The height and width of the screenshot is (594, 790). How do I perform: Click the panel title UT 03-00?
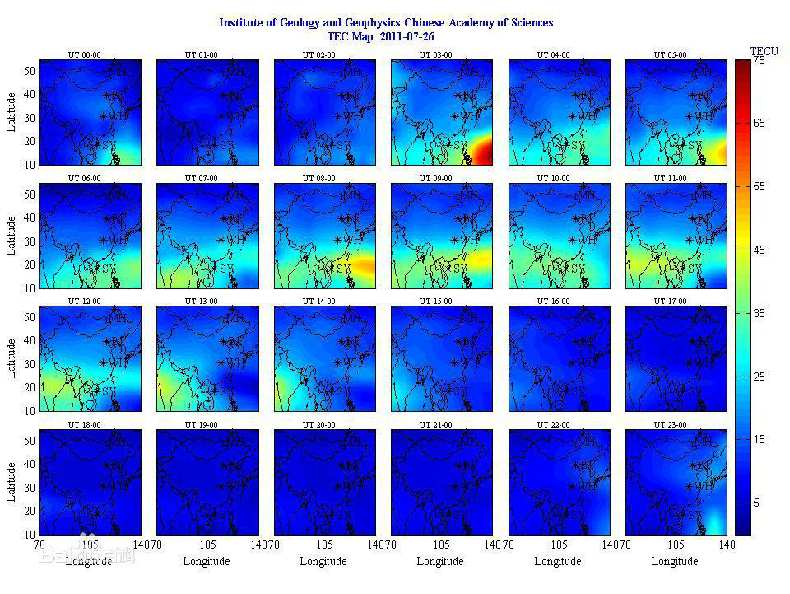click(x=437, y=55)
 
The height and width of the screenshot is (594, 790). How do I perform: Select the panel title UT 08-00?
click(x=319, y=178)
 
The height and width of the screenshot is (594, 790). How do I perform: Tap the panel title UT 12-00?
click(x=85, y=302)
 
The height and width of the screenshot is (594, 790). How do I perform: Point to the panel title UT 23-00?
click(x=671, y=425)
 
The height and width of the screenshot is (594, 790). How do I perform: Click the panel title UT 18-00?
click(x=85, y=425)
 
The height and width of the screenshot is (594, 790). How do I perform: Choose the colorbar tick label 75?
click(x=759, y=61)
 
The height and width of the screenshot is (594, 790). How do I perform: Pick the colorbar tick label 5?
click(x=756, y=503)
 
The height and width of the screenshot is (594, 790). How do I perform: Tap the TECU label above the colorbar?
click(x=764, y=51)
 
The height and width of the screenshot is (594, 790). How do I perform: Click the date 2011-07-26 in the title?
click(x=405, y=36)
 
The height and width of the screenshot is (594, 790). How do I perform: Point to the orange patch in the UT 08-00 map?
click(x=362, y=264)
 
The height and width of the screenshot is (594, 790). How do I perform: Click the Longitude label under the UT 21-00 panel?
click(x=440, y=562)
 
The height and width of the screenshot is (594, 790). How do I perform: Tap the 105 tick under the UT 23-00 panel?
click(x=676, y=545)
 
